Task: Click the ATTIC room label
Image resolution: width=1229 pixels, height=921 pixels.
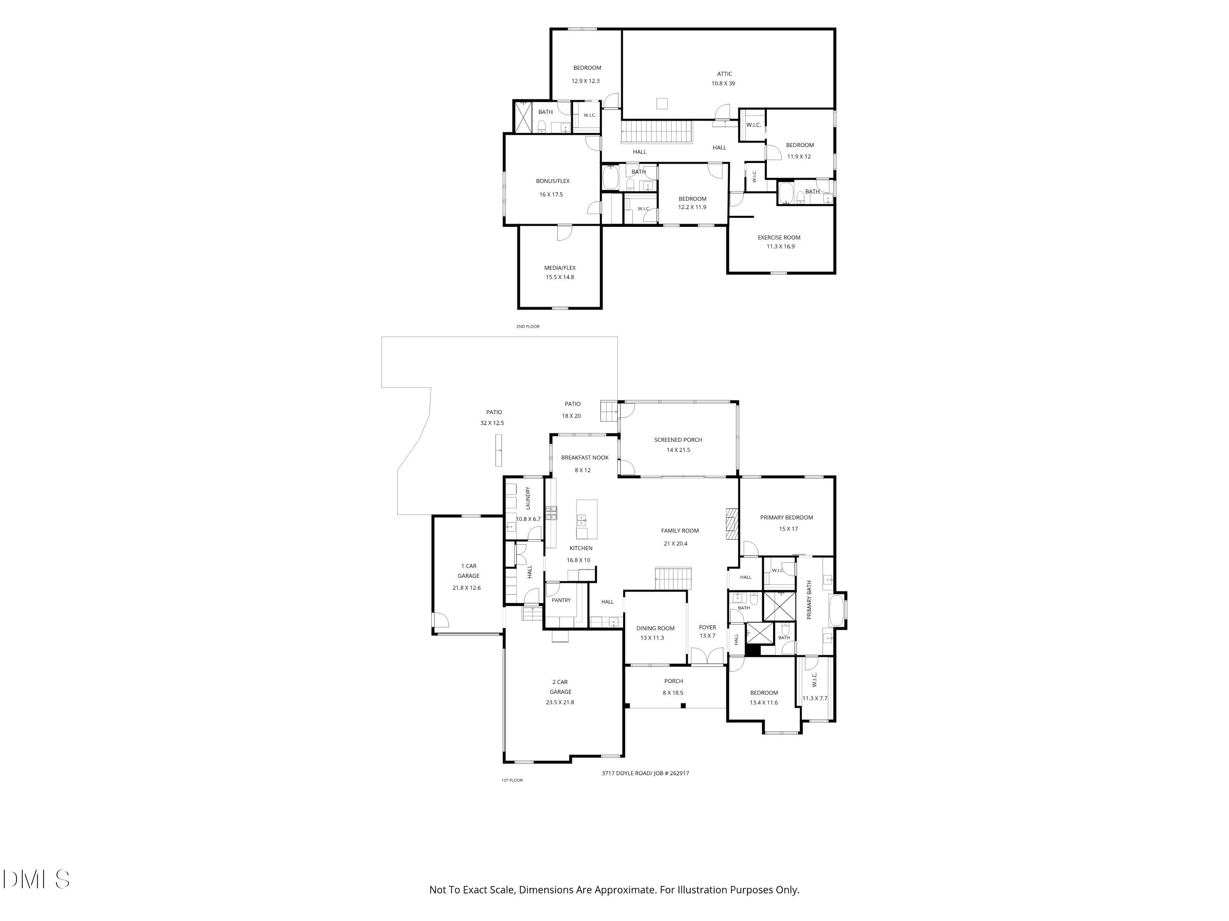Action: tap(724, 74)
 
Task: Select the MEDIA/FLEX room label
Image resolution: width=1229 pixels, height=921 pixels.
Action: tap(560, 268)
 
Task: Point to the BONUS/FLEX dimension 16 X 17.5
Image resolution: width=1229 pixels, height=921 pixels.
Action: tap(551, 195)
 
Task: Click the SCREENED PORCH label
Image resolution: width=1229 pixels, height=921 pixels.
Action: tap(678, 440)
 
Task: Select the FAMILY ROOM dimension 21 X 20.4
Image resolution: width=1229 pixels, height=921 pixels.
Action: tap(675, 543)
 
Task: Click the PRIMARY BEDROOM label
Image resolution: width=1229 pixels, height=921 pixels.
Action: tap(786, 518)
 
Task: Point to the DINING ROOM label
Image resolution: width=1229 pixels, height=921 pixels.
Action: tap(655, 628)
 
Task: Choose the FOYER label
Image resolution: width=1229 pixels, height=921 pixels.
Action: tap(707, 627)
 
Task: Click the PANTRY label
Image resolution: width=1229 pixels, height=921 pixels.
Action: tap(561, 600)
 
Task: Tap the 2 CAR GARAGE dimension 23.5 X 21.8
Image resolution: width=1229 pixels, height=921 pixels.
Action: tap(560, 702)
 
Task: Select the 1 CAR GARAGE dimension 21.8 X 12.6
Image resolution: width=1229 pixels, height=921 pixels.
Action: tap(466, 588)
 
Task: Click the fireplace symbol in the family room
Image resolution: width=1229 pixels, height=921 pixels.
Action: tap(732, 523)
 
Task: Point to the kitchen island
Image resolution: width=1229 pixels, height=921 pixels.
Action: tap(587, 519)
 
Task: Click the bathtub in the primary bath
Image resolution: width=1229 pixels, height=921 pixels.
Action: tap(836, 609)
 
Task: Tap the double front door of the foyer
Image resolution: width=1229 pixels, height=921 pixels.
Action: tap(707, 656)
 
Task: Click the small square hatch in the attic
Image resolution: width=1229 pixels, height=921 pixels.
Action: tap(662, 103)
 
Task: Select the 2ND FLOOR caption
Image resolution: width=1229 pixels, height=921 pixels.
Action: tap(527, 327)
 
